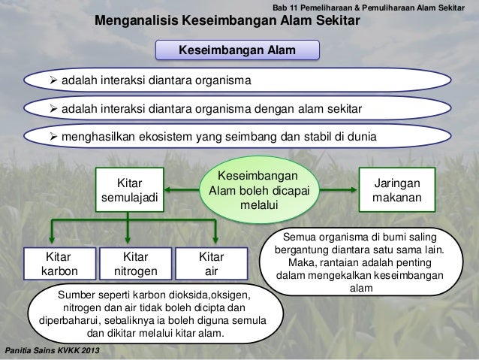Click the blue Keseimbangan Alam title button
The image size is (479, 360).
click(236, 50)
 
